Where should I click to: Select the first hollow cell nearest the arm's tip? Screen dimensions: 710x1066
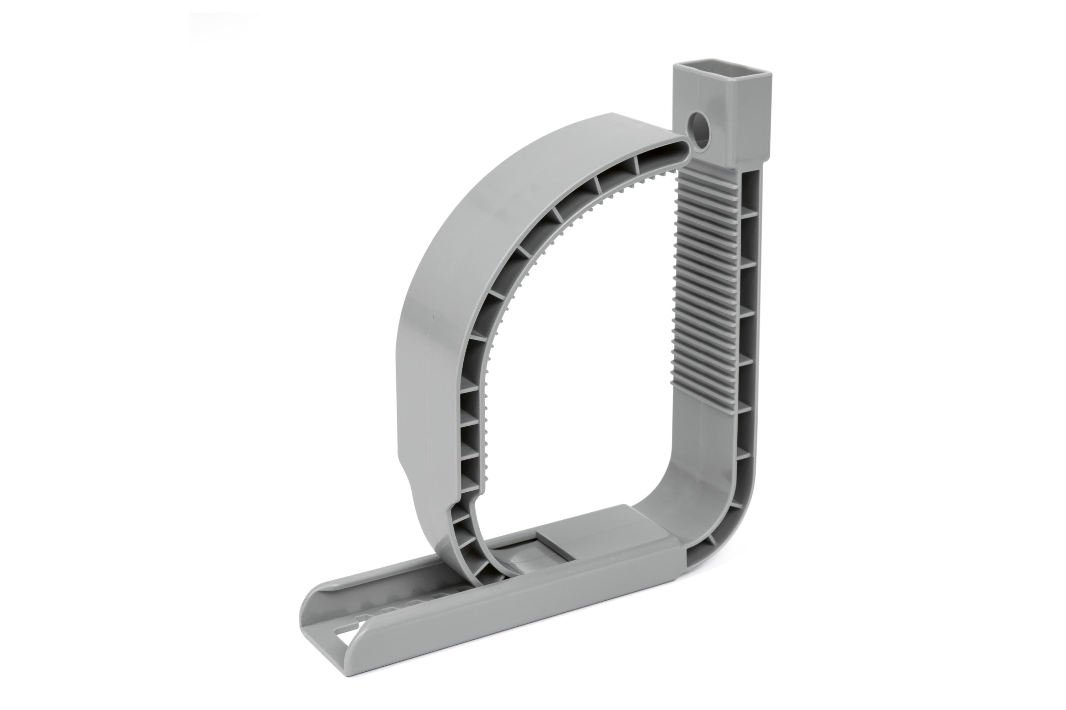point(653,168)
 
